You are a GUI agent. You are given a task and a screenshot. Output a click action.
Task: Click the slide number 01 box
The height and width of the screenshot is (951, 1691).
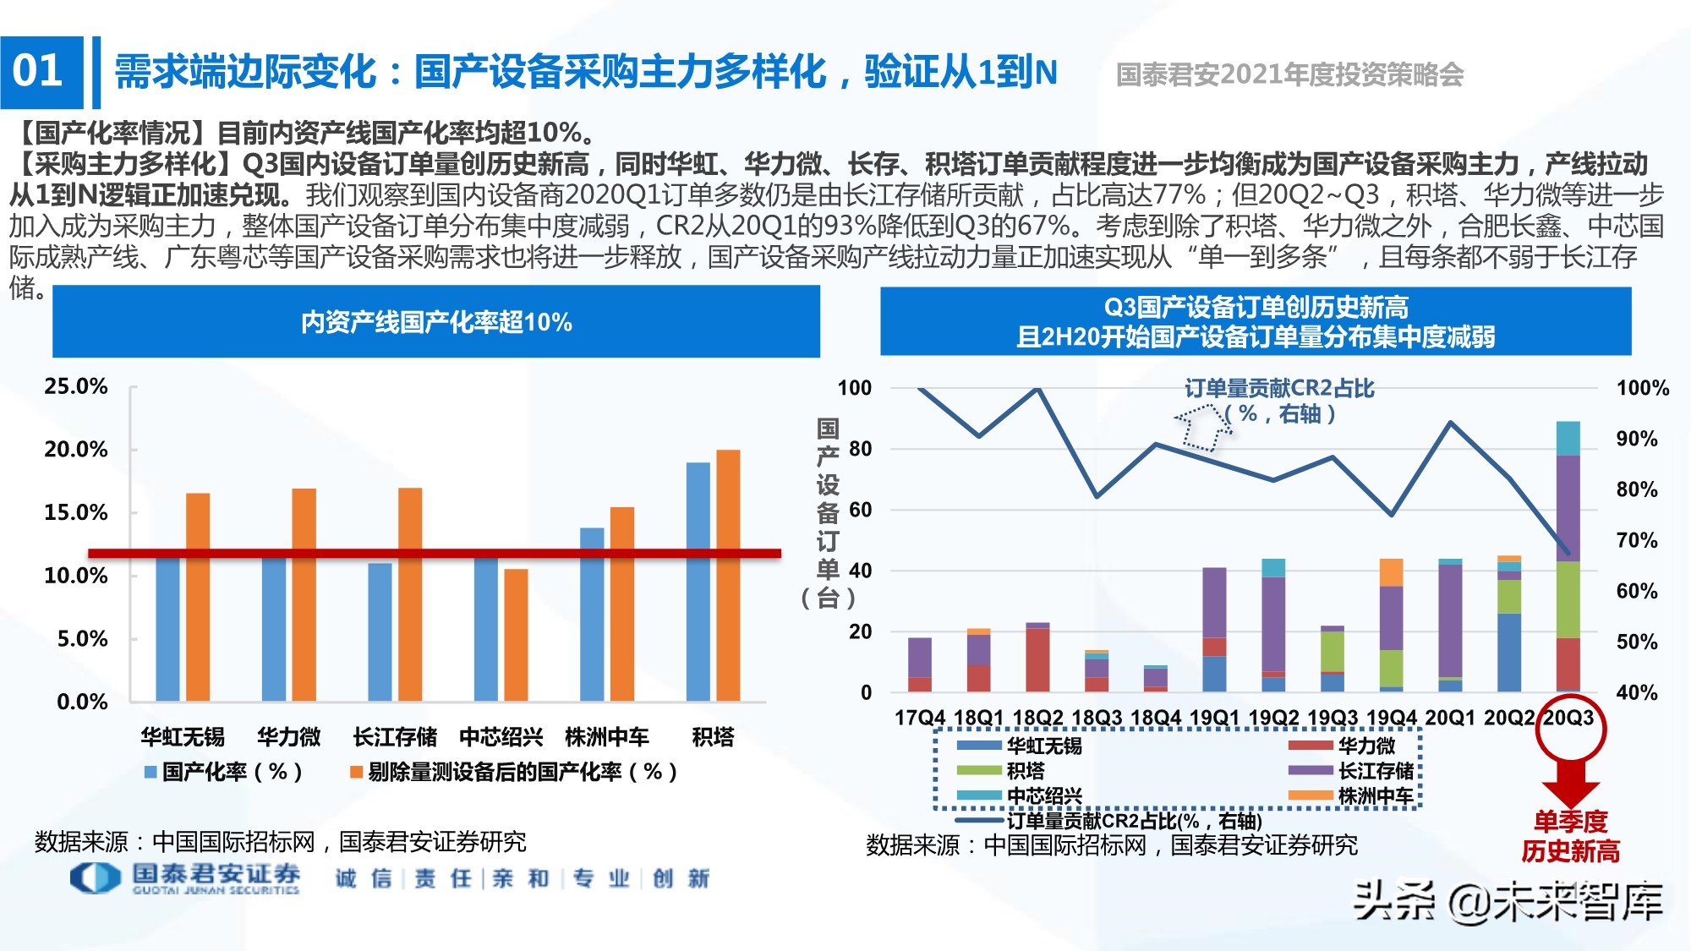(41, 72)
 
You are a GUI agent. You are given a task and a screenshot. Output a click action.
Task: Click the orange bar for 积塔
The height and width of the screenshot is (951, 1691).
(728, 575)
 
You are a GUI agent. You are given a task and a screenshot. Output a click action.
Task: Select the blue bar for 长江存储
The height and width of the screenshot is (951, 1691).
(380, 631)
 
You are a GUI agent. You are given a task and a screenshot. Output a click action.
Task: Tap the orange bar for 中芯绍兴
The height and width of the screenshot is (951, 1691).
(516, 634)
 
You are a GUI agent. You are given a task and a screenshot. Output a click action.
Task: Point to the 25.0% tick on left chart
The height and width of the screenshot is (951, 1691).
(76, 387)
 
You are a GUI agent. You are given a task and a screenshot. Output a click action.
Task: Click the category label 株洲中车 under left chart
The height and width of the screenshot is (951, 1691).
(606, 737)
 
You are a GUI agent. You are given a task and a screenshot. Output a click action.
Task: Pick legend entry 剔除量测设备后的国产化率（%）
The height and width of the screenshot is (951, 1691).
(513, 772)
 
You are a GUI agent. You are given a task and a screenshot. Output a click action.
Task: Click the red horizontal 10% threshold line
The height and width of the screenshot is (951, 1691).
(434, 554)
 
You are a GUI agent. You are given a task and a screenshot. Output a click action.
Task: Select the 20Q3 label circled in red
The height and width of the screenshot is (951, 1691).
(1568, 718)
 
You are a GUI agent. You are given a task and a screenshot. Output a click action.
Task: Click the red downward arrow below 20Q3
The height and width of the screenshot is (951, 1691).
(1570, 781)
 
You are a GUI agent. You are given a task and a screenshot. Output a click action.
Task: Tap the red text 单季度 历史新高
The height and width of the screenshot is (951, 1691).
(1570, 836)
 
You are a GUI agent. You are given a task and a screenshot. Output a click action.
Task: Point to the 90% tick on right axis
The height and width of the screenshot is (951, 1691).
(1636, 439)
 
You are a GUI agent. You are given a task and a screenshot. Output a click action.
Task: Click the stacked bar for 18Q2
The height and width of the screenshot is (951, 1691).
(1037, 658)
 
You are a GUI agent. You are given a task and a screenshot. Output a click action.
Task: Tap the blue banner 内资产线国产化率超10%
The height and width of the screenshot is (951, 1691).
(435, 322)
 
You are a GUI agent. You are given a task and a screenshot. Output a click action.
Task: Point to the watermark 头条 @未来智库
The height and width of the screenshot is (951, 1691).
(1508, 901)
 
